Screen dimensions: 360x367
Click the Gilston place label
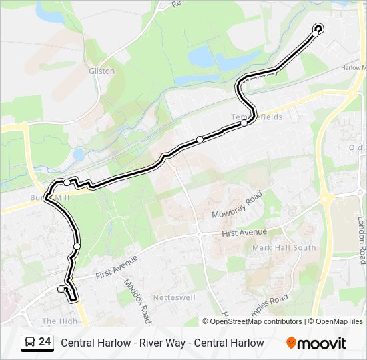102,71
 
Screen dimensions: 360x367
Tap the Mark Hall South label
284,248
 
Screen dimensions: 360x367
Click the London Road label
362,239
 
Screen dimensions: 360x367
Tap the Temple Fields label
257,117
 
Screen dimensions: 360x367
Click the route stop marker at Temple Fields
244,123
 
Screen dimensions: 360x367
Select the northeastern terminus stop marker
317,29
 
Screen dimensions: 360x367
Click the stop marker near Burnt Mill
67,183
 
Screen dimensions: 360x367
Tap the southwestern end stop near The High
61,289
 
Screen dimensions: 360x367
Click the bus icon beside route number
29,343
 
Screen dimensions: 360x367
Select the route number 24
45,342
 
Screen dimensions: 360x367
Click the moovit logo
316,343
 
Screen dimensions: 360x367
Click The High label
59,321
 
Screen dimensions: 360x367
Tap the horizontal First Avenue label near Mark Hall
244,232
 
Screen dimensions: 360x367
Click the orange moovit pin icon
291,343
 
